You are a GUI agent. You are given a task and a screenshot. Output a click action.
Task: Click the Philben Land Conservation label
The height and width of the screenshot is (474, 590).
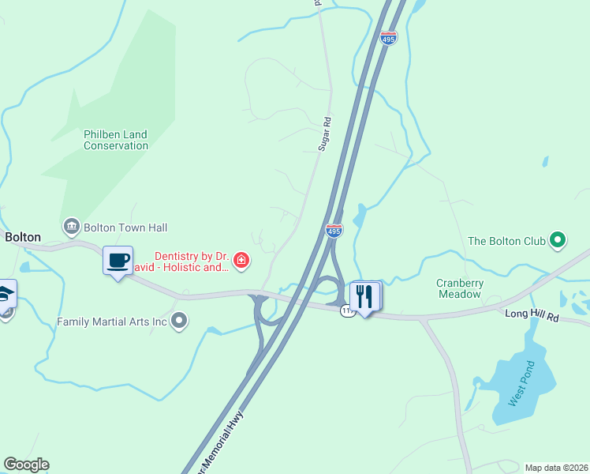pyautogui.click(x=116, y=140)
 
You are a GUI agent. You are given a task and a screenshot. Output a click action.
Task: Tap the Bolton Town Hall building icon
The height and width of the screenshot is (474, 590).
pyautogui.click(x=72, y=228)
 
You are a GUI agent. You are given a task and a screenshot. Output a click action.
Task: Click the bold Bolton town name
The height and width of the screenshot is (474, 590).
pyautogui.click(x=23, y=237)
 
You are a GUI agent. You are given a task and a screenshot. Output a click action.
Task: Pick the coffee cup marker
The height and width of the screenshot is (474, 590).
pyautogui.click(x=118, y=261)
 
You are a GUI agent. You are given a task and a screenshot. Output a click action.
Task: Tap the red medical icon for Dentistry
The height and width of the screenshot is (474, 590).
pyautogui.click(x=241, y=259)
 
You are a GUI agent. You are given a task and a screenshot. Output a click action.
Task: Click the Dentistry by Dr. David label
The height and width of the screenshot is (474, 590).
pyautogui.click(x=191, y=261)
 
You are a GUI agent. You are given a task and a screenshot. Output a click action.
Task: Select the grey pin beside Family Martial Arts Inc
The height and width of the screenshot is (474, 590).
pyautogui.click(x=180, y=320)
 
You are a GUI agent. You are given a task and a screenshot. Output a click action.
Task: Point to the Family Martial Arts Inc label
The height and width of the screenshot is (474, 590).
pyautogui.click(x=113, y=322)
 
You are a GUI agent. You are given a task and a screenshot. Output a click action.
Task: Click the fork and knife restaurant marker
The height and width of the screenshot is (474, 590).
pyautogui.click(x=364, y=297)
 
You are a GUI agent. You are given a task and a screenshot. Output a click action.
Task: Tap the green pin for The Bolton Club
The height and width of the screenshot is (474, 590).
pyautogui.click(x=558, y=239)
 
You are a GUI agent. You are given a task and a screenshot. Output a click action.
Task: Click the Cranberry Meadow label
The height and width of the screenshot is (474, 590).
pyautogui.click(x=459, y=288)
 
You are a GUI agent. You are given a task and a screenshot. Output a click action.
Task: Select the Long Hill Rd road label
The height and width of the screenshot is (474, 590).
pyautogui.click(x=532, y=317)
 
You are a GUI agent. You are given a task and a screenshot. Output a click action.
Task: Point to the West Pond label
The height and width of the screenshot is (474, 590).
pyautogui.click(x=521, y=384)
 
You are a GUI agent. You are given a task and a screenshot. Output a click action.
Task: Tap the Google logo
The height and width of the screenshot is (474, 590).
pyautogui.click(x=26, y=465)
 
